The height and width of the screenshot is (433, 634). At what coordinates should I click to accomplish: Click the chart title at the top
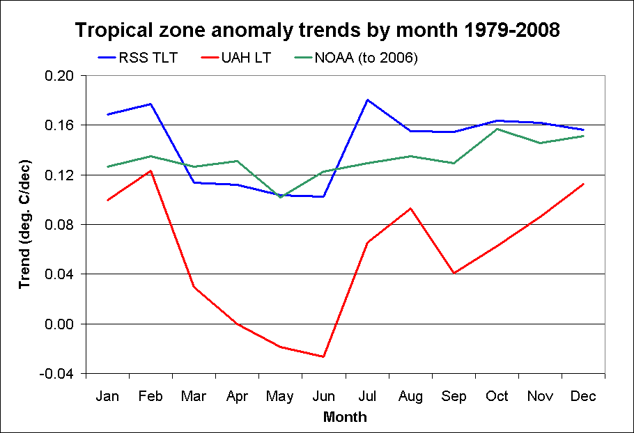(317, 31)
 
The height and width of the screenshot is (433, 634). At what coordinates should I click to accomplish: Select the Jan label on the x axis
(107, 397)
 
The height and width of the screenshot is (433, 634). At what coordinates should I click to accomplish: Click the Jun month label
(323, 397)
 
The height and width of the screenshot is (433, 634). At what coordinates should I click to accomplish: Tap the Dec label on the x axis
(583, 397)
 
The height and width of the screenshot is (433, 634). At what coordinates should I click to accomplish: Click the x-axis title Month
(344, 418)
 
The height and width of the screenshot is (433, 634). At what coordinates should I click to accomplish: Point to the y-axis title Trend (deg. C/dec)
(25, 224)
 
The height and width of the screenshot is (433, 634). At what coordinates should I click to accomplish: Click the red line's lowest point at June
(323, 356)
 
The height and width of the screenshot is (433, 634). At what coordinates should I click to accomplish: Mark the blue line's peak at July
(367, 100)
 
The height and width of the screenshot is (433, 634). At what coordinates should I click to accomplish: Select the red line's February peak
(150, 171)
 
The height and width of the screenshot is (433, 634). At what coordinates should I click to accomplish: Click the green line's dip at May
(280, 197)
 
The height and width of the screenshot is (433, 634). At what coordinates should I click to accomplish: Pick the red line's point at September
(454, 273)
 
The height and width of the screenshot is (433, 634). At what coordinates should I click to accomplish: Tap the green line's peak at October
(497, 129)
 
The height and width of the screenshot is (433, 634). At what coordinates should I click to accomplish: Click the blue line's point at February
(150, 104)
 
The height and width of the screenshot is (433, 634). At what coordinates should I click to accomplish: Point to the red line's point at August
(410, 208)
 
